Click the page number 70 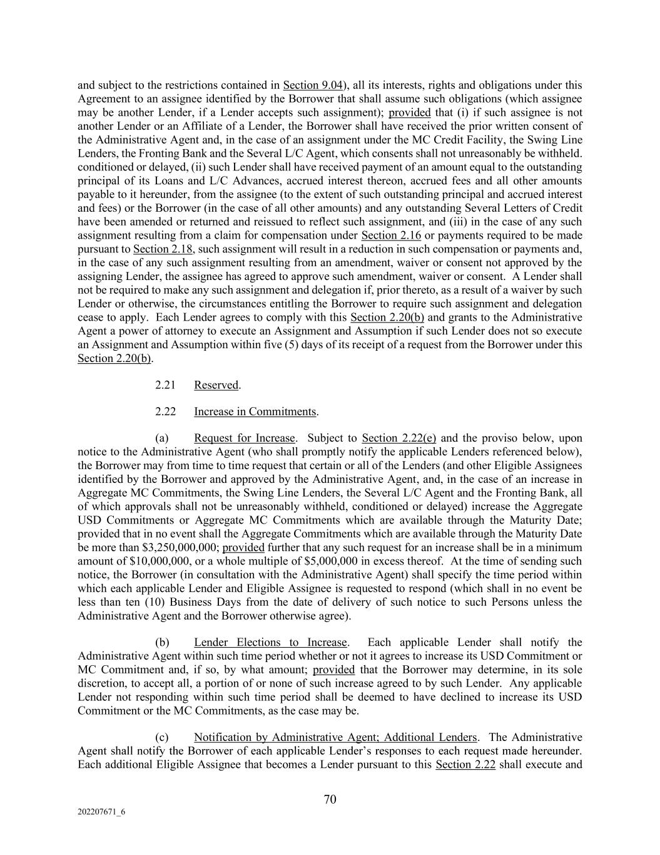[330, 799]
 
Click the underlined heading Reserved [216, 385]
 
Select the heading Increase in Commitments [255, 412]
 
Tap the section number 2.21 [165, 385]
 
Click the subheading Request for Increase [244, 438]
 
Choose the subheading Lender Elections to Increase [270, 643]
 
